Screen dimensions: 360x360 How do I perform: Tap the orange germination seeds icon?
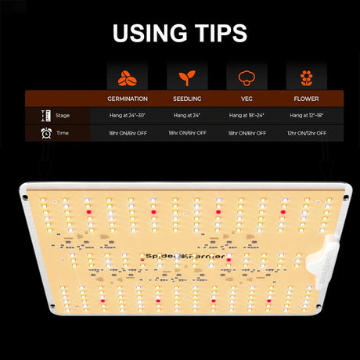[128, 78]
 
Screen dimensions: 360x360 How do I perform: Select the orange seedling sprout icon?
[187, 78]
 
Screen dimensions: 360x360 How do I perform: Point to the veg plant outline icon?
[247, 78]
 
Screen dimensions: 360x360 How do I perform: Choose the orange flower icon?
[306, 78]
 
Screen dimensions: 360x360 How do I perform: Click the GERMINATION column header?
[128, 99]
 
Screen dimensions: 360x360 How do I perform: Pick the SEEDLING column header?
[187, 99]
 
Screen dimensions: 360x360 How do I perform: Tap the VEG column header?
[247, 99]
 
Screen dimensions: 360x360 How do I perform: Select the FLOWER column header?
[306, 99]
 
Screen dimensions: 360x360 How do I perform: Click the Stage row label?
[63, 115]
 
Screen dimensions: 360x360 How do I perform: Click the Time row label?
[63, 133]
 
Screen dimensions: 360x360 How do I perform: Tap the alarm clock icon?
[46, 133]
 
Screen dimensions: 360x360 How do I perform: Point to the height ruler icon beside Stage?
[46, 116]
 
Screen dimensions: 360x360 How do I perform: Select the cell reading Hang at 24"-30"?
[128, 115]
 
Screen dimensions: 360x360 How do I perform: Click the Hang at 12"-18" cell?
[307, 115]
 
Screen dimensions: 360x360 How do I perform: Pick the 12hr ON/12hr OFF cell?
[307, 133]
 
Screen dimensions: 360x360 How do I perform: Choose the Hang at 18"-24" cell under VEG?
[247, 115]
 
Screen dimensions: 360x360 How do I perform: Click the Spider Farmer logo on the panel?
[185, 256]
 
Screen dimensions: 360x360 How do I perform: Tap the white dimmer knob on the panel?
[323, 261]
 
